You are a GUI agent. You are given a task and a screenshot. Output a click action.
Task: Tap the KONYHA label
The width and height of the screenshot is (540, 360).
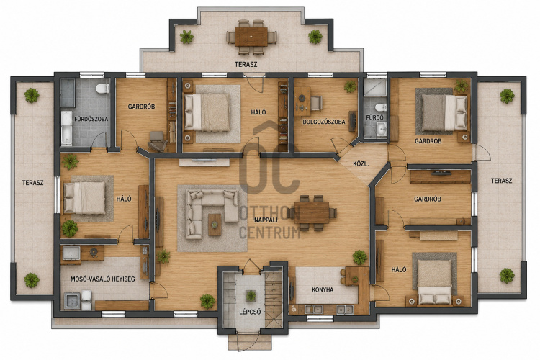tap(323, 289)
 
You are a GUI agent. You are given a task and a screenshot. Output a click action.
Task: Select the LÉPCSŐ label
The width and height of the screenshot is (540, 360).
tap(250, 312)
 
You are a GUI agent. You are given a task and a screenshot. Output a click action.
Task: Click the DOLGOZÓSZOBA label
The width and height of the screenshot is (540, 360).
tap(324, 122)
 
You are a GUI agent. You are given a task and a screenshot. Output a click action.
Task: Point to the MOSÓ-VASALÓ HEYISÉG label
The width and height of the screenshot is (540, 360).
tap(103, 279)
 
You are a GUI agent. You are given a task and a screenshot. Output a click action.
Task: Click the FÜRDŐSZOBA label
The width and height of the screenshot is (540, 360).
tap(91, 120)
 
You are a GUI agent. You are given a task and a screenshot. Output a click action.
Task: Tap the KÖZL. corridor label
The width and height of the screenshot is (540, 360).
tap(361, 164)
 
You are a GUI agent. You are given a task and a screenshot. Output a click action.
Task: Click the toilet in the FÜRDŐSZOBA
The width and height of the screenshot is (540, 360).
tap(103, 89)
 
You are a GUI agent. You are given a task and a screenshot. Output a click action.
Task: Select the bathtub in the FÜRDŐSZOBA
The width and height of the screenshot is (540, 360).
tap(66, 128)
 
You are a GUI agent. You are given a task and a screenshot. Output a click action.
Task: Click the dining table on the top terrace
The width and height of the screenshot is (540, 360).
tap(251, 37)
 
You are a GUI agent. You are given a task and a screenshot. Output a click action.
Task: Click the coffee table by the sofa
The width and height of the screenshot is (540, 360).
tap(215, 225)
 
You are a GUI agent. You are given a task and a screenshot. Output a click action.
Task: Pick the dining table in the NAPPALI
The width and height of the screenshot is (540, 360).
tap(312, 212)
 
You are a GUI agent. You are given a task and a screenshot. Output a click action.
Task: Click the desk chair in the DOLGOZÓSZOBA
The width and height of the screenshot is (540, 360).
tap(316, 103)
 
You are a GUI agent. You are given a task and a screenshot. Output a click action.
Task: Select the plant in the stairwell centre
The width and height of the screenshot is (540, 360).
tap(251, 296)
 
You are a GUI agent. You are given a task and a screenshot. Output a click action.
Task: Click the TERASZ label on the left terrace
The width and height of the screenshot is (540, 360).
tap(32, 183)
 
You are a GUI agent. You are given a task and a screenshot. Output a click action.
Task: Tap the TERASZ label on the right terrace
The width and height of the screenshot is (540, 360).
tap(501, 181)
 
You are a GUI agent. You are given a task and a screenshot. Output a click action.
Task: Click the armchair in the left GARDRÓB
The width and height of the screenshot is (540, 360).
tap(158, 140)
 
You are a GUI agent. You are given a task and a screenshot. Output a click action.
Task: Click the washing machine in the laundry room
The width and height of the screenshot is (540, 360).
tap(71, 301)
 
